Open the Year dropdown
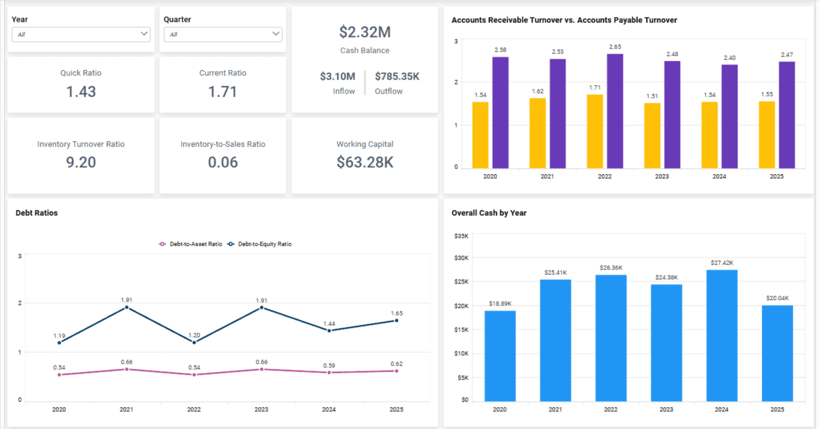click(x=81, y=35)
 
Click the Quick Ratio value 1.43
click(x=81, y=92)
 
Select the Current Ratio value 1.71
click(x=223, y=92)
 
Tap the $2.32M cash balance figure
click(x=364, y=32)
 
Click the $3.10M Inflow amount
click(x=338, y=77)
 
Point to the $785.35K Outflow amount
click(x=397, y=77)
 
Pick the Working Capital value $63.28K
click(x=364, y=162)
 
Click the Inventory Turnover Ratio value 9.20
click(x=81, y=162)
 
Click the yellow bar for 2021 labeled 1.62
click(x=537, y=133)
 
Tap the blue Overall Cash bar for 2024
click(x=722, y=335)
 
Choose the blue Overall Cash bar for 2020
click(x=500, y=356)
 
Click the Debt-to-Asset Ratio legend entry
click(x=190, y=244)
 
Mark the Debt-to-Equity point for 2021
click(x=127, y=307)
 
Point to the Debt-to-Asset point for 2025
click(x=396, y=371)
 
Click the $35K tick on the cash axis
click(x=461, y=235)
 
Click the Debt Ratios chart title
click(x=37, y=213)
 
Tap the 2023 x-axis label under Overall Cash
click(x=666, y=410)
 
